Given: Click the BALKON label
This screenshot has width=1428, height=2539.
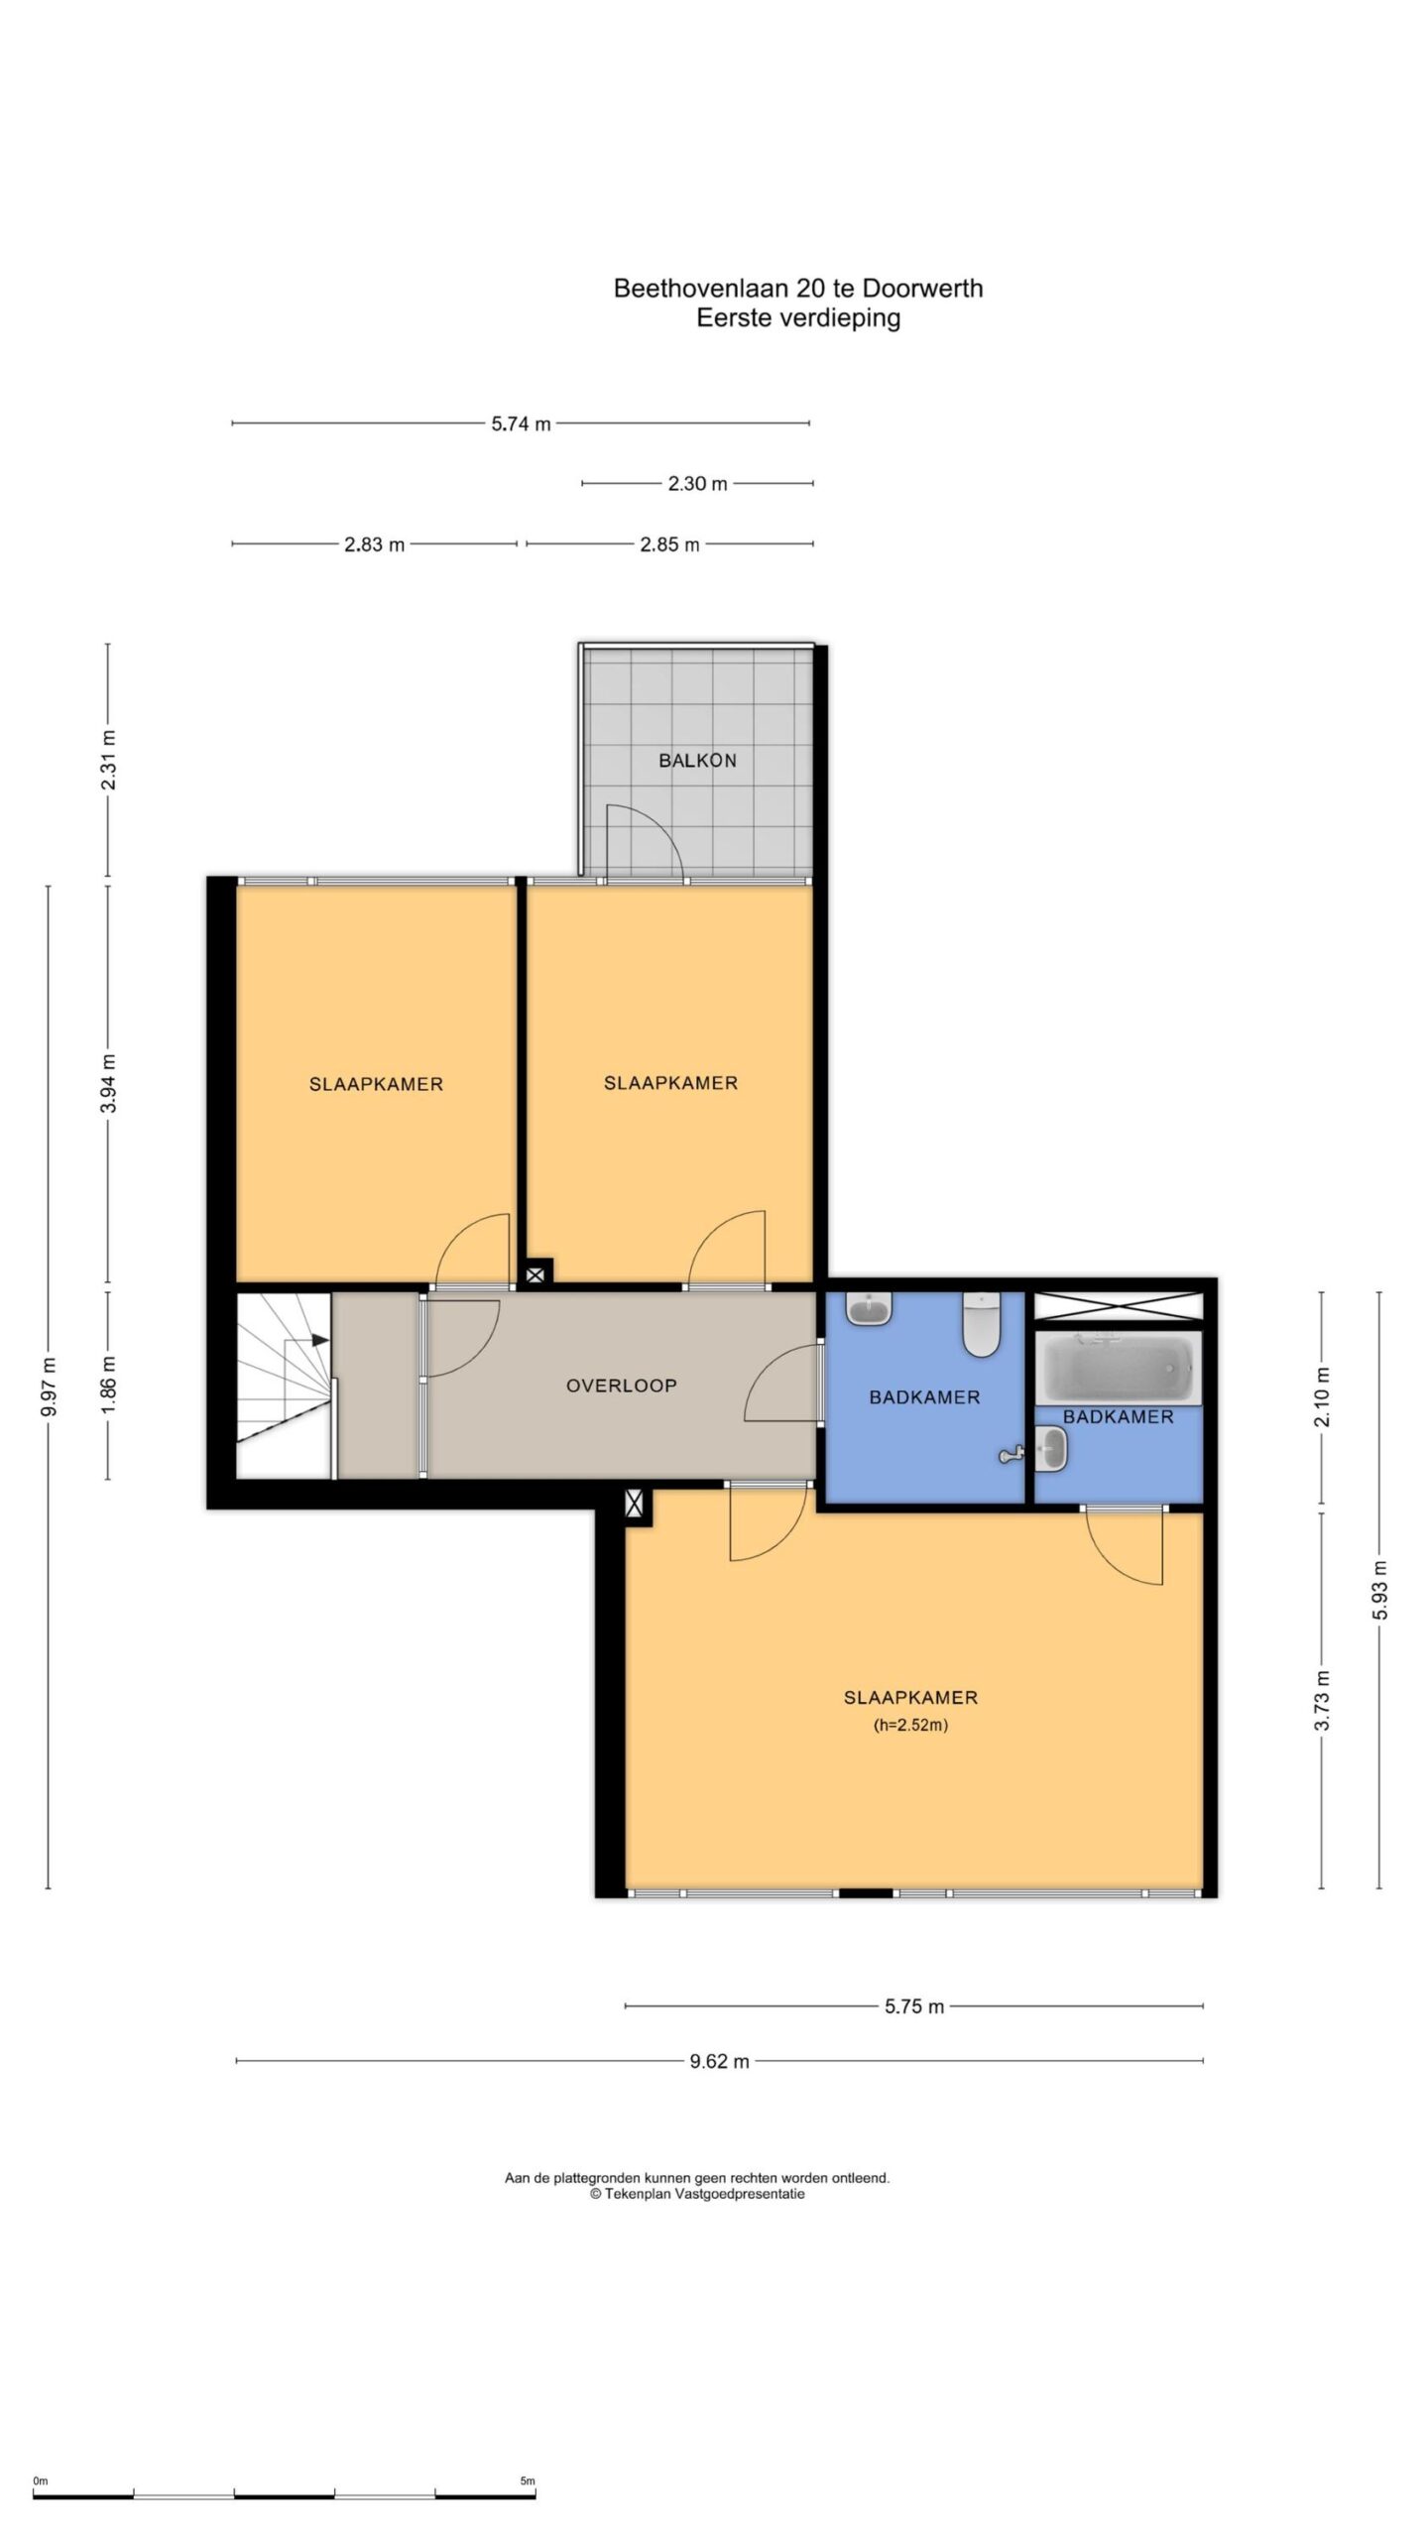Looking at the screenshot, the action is [x=697, y=761].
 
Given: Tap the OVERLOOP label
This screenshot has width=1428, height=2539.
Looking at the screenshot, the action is [x=621, y=1386].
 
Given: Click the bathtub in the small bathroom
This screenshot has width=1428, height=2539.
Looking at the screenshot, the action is [x=1118, y=1368].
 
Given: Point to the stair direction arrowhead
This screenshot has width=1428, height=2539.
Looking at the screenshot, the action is [x=320, y=1340].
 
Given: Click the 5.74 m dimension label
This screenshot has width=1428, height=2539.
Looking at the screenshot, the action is [x=521, y=424].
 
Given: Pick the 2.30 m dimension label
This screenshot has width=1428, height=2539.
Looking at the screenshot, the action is [x=697, y=484].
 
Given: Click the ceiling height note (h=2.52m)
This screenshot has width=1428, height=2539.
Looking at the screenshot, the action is [x=910, y=1725].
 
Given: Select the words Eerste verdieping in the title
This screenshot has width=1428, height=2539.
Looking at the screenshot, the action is [x=798, y=319].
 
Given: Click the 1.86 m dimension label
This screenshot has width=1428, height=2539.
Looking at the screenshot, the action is [x=109, y=1385].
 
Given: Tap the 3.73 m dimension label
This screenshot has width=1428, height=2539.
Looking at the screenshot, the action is [x=1322, y=1700].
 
